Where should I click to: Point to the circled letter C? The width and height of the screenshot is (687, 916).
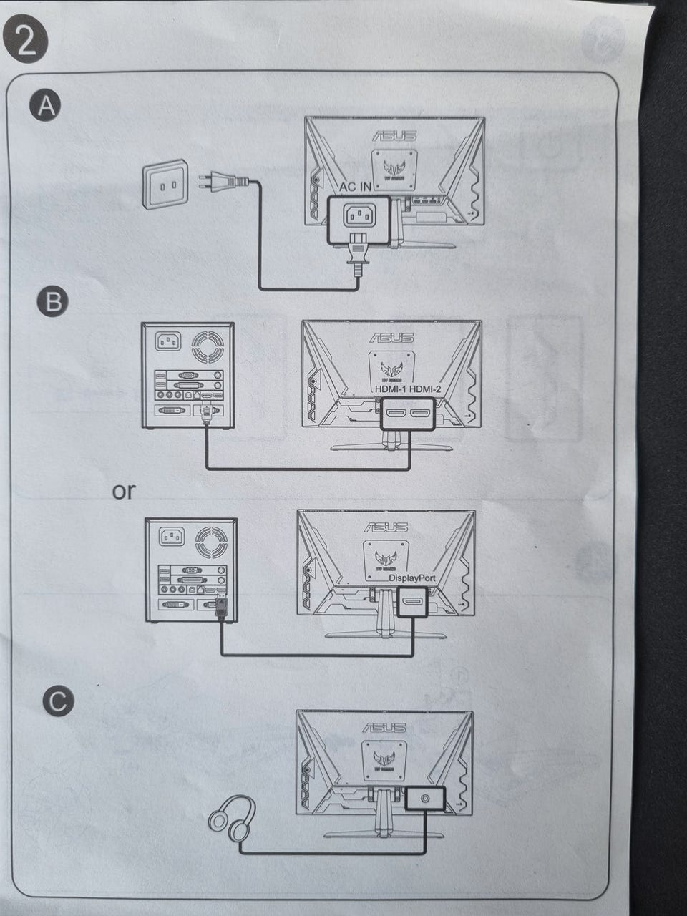pos(57,701)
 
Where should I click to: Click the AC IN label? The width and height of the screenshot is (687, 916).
pos(356,187)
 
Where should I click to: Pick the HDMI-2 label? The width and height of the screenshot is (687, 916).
pos(421,388)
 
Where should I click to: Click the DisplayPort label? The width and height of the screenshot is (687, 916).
pos(411,577)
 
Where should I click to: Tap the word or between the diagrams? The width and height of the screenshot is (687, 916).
pos(123,492)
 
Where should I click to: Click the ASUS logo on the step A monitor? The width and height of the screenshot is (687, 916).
pos(394,134)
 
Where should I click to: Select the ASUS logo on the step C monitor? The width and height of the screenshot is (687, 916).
pos(385,727)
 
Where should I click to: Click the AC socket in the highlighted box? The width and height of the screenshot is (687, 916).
pos(358,215)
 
